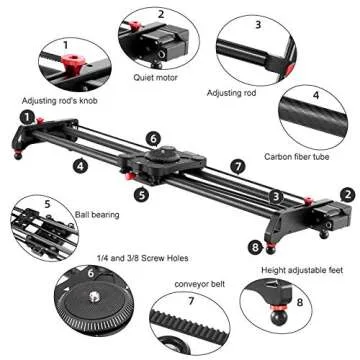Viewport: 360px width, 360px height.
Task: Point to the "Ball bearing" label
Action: click(x=91, y=214)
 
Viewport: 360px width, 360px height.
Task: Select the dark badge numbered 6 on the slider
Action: click(x=152, y=139)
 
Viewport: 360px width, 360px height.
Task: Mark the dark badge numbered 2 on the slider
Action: click(x=346, y=196)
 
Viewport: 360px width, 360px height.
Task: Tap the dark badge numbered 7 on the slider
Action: click(x=237, y=165)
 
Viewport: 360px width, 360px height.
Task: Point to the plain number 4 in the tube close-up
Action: click(x=315, y=96)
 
